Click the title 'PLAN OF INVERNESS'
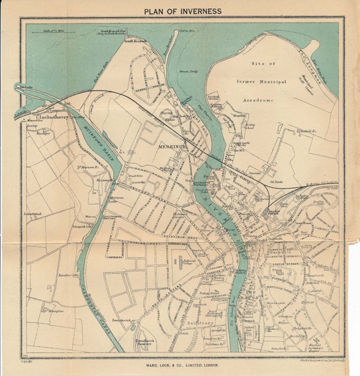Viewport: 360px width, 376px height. click(183, 11)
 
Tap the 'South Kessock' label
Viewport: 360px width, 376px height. click(135, 41)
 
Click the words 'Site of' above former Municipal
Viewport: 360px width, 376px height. click(263, 64)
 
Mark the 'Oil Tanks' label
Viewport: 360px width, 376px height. click(275, 183)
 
